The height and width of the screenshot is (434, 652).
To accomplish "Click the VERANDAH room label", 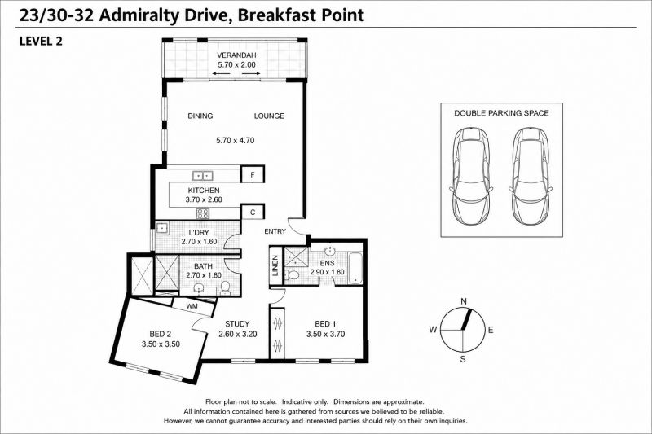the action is pyautogui.click(x=236, y=55).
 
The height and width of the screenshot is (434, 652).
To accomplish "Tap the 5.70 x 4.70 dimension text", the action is pyautogui.click(x=235, y=140).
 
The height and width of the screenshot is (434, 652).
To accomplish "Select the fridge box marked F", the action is pyautogui.click(x=253, y=175).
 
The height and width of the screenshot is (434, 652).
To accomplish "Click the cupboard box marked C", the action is pyautogui.click(x=253, y=213).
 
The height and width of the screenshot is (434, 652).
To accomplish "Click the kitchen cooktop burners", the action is pyautogui.click(x=203, y=213).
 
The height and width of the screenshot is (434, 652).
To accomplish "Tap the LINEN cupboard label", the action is pyautogui.click(x=275, y=265).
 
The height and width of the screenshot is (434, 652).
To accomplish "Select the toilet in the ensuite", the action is pyautogui.click(x=292, y=274).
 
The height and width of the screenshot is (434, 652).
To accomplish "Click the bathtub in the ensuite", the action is pyautogui.click(x=355, y=268).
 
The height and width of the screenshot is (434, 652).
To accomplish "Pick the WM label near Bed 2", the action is pyautogui.click(x=192, y=306).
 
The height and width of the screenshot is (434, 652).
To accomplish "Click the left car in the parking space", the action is pyautogui.click(x=471, y=176).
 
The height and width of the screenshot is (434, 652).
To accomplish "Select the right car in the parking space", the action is pyautogui.click(x=531, y=176).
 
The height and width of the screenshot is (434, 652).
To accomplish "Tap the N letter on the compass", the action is pyautogui.click(x=464, y=301).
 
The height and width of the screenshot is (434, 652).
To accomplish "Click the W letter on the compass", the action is pyautogui.click(x=434, y=330).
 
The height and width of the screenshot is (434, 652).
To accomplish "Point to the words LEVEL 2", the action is pyautogui.click(x=41, y=41).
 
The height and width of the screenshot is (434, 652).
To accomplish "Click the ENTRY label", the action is pyautogui.click(x=275, y=231).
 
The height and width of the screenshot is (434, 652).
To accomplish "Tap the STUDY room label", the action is pyautogui.click(x=237, y=324).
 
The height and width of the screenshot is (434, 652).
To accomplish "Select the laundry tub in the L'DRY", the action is pyautogui.click(x=162, y=228).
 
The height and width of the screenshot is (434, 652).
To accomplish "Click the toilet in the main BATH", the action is pyautogui.click(x=225, y=287).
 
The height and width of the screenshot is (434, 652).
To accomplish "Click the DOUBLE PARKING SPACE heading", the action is pyautogui.click(x=501, y=113).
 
